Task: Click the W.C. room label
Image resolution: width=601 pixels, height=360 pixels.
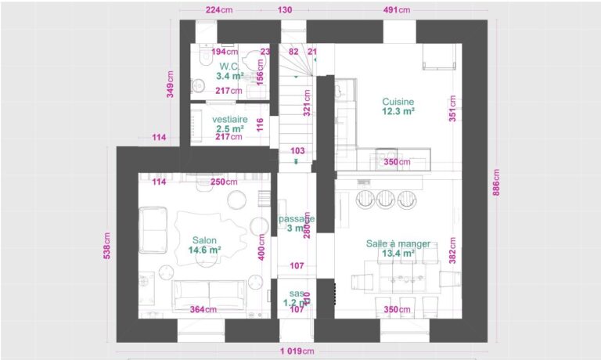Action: coord(229,67)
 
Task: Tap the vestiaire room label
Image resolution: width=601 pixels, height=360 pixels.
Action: coord(230,119)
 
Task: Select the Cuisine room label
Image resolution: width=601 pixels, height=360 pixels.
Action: coord(398,102)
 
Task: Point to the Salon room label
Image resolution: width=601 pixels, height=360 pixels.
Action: coord(204,240)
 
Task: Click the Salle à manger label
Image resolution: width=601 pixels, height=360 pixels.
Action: coord(398,243)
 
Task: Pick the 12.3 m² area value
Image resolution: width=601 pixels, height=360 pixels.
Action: coord(398,112)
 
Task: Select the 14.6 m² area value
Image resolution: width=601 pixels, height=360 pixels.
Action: coord(204,250)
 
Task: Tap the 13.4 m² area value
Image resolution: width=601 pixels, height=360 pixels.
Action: coord(398,254)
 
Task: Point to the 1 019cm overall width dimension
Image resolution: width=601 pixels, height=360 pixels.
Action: coord(298,351)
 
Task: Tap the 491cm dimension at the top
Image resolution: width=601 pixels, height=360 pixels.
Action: coord(396,10)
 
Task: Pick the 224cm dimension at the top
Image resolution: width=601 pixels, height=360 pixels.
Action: coord(219,10)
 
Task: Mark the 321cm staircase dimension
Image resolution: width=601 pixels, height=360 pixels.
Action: coord(308,102)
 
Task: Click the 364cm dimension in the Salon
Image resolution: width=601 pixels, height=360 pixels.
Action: coord(203,310)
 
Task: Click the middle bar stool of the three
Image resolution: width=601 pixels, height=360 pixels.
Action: coord(385,199)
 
